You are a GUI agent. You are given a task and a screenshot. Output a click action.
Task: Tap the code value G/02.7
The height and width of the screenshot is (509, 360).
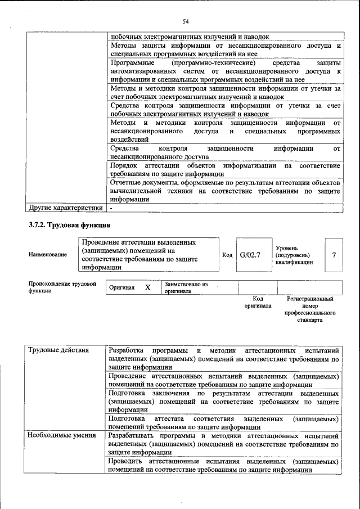(x=250, y=255)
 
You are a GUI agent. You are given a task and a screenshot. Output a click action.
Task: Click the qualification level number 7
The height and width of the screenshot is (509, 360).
(x=334, y=255)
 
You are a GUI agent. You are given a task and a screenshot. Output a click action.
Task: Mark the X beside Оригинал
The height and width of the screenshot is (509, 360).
(x=148, y=287)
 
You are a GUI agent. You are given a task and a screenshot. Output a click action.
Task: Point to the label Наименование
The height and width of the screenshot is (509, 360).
(x=47, y=255)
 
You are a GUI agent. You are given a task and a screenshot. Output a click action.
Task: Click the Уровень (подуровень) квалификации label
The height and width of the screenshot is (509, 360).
(x=294, y=255)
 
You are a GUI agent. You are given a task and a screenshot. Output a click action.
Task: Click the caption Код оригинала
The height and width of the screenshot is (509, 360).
(x=258, y=302)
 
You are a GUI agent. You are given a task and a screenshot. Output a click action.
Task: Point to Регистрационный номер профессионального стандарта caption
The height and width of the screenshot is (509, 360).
(x=310, y=309)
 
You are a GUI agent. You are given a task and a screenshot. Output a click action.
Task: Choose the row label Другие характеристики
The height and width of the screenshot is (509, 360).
(x=66, y=208)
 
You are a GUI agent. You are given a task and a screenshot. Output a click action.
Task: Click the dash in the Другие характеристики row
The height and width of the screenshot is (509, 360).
(x=111, y=208)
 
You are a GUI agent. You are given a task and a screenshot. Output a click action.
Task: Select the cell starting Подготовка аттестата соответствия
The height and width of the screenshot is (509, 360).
(x=224, y=423)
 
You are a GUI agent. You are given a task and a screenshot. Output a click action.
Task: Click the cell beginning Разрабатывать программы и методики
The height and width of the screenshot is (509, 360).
(x=224, y=444)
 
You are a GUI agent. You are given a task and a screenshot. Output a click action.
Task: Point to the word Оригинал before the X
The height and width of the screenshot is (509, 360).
(x=122, y=288)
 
